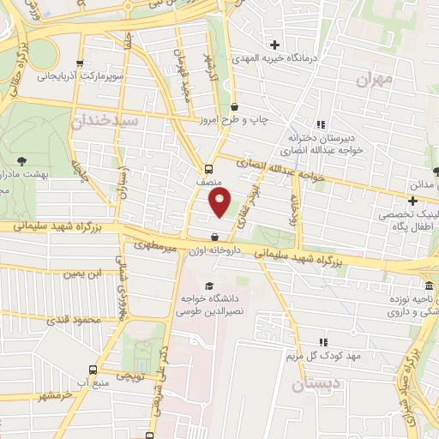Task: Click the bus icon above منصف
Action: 210,168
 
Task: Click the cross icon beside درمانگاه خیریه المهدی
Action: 274,45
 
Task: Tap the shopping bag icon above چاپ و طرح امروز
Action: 235,106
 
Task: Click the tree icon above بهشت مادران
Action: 22,160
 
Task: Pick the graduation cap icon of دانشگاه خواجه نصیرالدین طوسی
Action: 207,286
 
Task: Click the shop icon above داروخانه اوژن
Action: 214,238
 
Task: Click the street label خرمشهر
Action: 53,395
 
